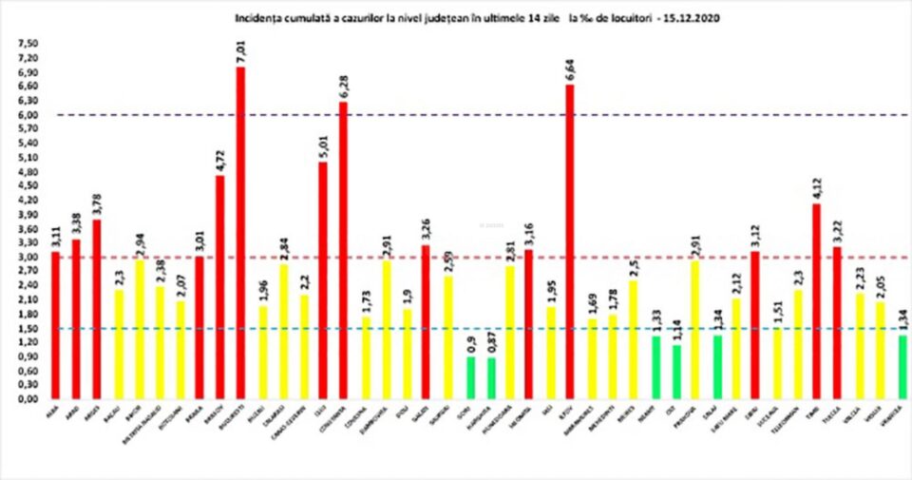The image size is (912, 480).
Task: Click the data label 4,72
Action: (219, 158)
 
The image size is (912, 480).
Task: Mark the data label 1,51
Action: (776, 312)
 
